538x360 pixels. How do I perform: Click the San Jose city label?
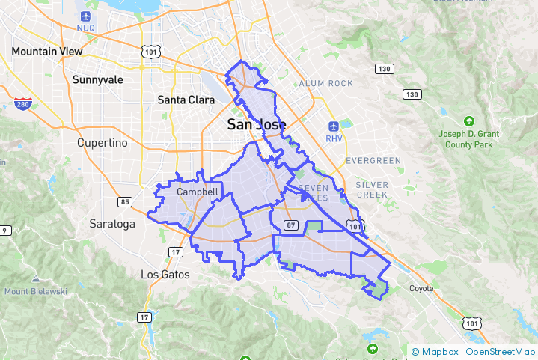click(256, 125)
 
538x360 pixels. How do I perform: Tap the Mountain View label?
click(46, 52)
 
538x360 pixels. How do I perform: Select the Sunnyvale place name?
click(98, 79)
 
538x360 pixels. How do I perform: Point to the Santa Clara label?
click(186, 99)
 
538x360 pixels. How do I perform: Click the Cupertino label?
click(103, 142)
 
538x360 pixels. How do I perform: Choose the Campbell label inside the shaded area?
click(198, 192)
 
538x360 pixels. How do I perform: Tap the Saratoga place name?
click(112, 224)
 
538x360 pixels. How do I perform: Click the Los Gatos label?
click(165, 275)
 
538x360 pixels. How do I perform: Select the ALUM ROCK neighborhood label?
click(325, 83)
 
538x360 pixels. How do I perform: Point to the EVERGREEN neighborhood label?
click(373, 161)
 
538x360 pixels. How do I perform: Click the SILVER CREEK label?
click(372, 189)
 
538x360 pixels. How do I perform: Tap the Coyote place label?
click(421, 288)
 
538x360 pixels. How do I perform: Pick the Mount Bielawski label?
click(36, 291)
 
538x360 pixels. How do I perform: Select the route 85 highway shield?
click(125, 201)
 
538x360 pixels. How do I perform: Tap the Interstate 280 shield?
click(22, 104)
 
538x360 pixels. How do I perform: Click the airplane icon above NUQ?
click(86, 16)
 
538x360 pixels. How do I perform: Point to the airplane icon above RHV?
click(334, 126)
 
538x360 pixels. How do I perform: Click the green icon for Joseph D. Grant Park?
click(469, 120)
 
